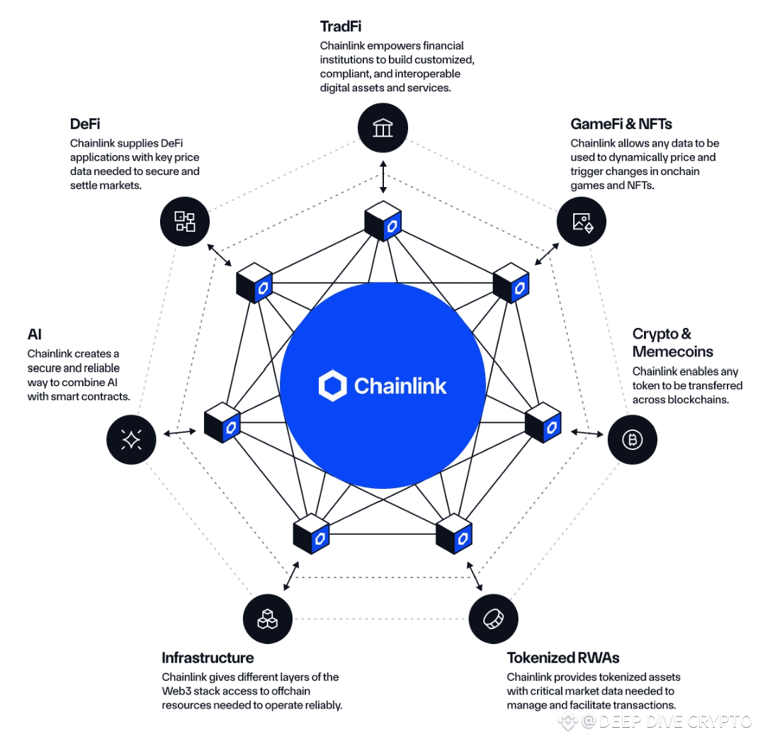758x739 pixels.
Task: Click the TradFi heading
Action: pos(341,27)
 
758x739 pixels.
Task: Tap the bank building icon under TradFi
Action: pos(383,128)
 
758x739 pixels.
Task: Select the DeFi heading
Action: pos(84,124)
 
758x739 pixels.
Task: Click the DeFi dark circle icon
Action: pos(185,221)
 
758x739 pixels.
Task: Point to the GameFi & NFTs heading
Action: pos(621,124)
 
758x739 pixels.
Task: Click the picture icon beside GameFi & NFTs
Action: pos(582,221)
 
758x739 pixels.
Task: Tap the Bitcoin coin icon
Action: pos(632,440)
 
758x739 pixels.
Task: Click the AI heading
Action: pos(35,334)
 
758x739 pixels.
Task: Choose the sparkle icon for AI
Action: pos(131,440)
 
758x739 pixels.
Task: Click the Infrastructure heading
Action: pos(208,658)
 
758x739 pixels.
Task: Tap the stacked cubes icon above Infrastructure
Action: pos(267,619)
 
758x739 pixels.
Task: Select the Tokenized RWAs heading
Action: pos(563,658)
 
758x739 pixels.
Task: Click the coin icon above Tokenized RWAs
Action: pos(493,619)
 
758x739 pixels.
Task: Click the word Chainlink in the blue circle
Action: pos(400,385)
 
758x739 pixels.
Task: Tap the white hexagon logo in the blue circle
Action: pos(332,385)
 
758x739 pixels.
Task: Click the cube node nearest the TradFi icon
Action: pos(383,221)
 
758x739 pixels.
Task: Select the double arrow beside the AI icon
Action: pos(180,432)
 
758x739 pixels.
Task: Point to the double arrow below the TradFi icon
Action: pos(383,176)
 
